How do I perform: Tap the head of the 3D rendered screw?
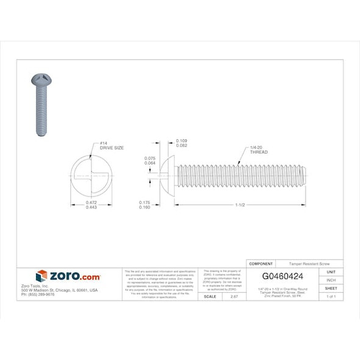coord(41,80)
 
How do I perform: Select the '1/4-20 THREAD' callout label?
coord(258,149)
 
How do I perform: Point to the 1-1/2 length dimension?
coord(239,205)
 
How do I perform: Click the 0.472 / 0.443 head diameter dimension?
coord(90,205)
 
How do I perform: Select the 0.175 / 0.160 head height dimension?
coord(145,205)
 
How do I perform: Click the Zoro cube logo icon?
coord(41,276)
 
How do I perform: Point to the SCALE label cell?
coord(210,296)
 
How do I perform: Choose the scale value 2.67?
coord(233,296)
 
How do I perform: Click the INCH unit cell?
coord(331,280)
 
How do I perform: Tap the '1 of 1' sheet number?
coord(331,296)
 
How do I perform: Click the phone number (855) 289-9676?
coord(38,294)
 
